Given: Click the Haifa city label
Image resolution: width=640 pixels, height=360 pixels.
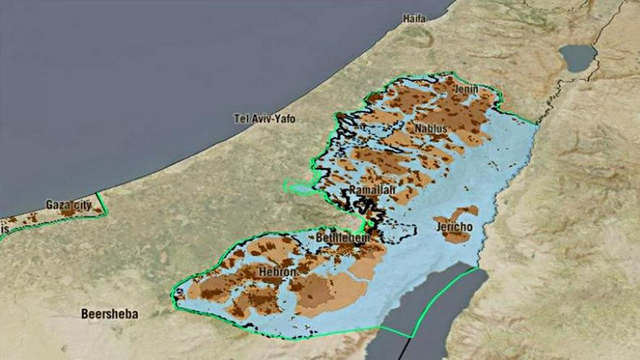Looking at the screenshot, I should pyautogui.click(x=414, y=18).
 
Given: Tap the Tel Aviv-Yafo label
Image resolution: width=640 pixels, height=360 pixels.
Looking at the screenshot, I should pyautogui.click(x=264, y=119).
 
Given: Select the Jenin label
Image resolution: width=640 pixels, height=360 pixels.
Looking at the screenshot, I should pyautogui.click(x=467, y=89).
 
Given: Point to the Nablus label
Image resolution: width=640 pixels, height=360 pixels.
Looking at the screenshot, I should pyautogui.click(x=431, y=129).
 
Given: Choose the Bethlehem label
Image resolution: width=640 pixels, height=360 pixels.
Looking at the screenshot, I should pyautogui.click(x=342, y=238).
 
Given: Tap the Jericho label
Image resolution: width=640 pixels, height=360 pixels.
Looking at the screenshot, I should pyautogui.click(x=455, y=227).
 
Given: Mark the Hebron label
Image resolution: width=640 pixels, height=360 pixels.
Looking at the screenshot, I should pyautogui.click(x=278, y=271).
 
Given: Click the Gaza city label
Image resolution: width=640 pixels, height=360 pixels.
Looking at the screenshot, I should pyautogui.click(x=69, y=205).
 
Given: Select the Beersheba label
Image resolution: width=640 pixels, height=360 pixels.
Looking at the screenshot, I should pyautogui.click(x=110, y=314).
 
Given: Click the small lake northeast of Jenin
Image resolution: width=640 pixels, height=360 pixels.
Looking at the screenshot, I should pyautogui.click(x=577, y=57).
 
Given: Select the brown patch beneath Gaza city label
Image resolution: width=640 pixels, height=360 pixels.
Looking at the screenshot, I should pyautogui.click(x=68, y=212).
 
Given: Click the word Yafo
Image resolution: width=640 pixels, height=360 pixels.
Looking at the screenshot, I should pyautogui.click(x=283, y=119).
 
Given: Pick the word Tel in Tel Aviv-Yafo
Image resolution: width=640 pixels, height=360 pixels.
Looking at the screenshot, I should pyautogui.click(x=241, y=119).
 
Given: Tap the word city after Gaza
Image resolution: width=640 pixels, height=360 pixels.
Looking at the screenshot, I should pyautogui.click(x=81, y=205).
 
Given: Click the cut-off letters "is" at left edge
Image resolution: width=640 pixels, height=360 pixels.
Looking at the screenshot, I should pyautogui.click(x=5, y=229).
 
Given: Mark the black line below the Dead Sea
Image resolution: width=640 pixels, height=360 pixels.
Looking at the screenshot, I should pyautogui.click(x=404, y=350).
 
